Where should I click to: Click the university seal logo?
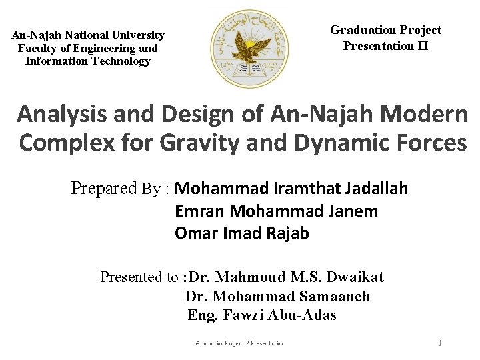pos(249,49)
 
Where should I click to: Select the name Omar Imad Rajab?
pos(241,233)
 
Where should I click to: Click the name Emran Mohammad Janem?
pos(276,211)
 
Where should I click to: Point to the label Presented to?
pos(139,277)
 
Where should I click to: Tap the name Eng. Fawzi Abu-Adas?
pos(262,315)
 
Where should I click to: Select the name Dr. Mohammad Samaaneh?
pos(277,296)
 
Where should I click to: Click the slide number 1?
pos(440,343)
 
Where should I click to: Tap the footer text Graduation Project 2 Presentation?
pos(239,343)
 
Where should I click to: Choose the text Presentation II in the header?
pos(385,46)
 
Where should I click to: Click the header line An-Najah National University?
pos(88,35)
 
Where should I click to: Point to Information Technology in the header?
pos(88,61)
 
